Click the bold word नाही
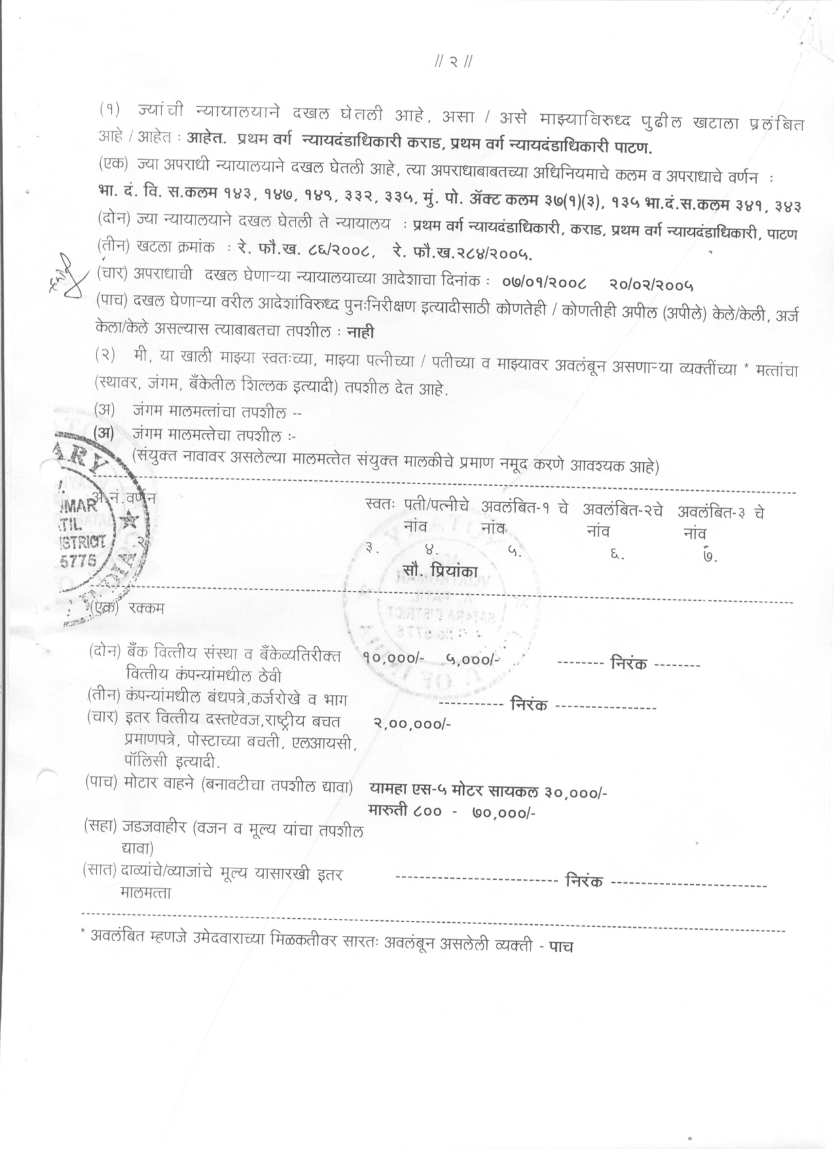[360, 333]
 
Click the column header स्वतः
[380, 506]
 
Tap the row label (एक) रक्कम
[128, 608]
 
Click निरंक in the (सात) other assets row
[583, 881]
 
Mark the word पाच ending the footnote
[561, 947]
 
